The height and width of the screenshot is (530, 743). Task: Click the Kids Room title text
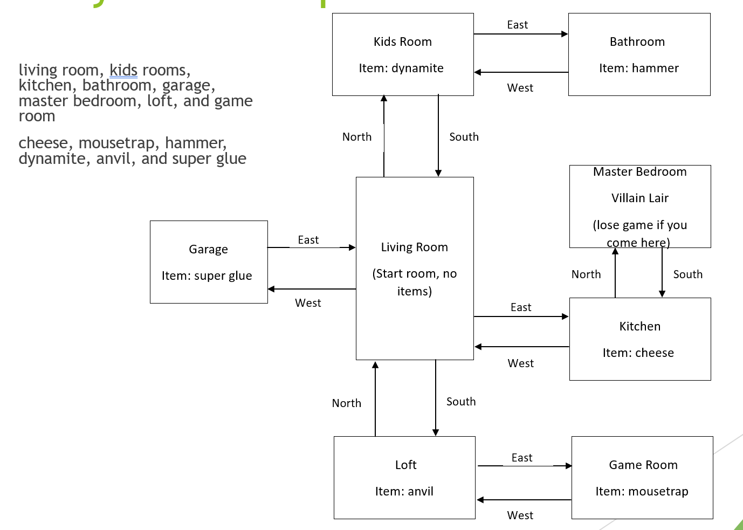402,42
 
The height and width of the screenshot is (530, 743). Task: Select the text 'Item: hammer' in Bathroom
638,68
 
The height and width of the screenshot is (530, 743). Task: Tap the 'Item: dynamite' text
401,68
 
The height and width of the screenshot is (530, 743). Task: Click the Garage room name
208,249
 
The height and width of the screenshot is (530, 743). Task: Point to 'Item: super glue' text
207,276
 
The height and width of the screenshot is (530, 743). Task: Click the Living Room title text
414,247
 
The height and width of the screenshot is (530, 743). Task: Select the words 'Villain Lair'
639,198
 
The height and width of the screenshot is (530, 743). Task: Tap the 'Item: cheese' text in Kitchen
638,353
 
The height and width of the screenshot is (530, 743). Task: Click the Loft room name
405,465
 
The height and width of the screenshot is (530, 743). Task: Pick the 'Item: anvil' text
404,491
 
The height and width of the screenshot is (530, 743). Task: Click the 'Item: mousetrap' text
642,491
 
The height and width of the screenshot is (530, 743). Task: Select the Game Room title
643,465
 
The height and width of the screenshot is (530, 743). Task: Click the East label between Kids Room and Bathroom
517,25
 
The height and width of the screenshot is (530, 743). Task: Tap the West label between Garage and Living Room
308,303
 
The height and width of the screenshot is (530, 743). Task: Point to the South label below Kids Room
464,137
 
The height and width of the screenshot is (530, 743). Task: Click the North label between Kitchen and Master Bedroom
586,274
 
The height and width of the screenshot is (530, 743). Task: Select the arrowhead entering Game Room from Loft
568,466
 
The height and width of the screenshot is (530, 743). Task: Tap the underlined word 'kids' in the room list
123,70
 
